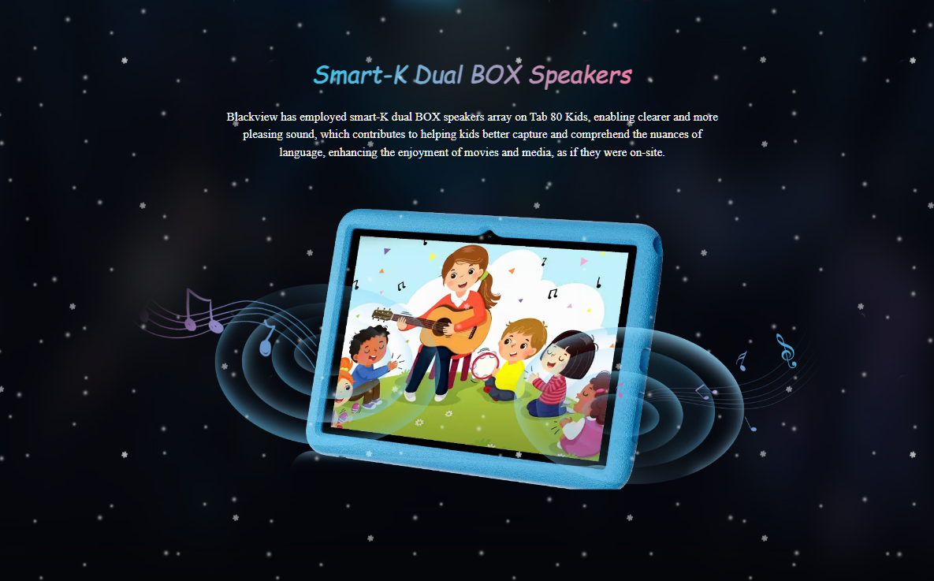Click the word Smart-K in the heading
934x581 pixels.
[360, 75]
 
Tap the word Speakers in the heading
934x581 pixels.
[580, 76]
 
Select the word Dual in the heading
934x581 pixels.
[439, 74]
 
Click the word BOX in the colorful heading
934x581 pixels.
[496, 74]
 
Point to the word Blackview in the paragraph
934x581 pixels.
[251, 117]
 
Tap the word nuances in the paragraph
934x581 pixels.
[670, 135]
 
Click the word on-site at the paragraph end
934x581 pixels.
[647, 153]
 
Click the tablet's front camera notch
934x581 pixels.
[489, 234]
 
